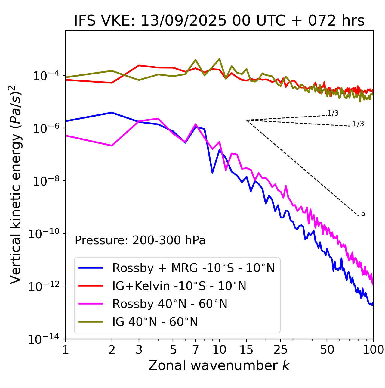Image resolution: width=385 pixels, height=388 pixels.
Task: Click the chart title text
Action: pyautogui.click(x=219, y=21)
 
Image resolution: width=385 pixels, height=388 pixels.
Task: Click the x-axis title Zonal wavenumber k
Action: pyautogui.click(x=219, y=365)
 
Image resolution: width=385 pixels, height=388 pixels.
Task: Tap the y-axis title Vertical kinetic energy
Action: pyautogui.click(x=16, y=184)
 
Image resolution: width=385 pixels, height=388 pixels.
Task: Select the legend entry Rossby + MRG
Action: pyautogui.click(x=193, y=268)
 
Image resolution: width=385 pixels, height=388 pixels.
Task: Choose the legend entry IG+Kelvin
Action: pyautogui.click(x=179, y=286)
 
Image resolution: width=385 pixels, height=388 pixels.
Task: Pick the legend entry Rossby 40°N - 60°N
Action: pyautogui.click(x=170, y=304)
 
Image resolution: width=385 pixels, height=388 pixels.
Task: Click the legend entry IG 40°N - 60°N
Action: pyautogui.click(x=155, y=322)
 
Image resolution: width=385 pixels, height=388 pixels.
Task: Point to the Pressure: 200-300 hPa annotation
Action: pyautogui.click(x=140, y=240)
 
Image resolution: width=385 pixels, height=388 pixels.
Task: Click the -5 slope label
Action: pyautogui.click(x=362, y=214)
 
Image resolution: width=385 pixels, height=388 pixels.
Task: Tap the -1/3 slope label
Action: pyautogui.click(x=357, y=124)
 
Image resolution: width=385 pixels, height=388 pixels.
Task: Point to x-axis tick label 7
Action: pyautogui.click(x=196, y=350)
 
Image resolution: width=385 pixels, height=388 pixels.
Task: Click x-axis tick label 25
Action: pyautogui.click(x=280, y=350)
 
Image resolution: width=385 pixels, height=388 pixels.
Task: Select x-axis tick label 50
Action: pyautogui.click(x=327, y=350)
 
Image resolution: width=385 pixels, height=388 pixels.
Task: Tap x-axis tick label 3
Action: pyautogui.click(x=139, y=350)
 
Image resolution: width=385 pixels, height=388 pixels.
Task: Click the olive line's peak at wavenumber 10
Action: pyautogui.click(x=219, y=59)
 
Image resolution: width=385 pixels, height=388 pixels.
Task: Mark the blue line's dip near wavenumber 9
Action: pyautogui.click(x=212, y=173)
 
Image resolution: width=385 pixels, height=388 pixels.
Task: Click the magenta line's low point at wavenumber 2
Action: pyautogui.click(x=112, y=146)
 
